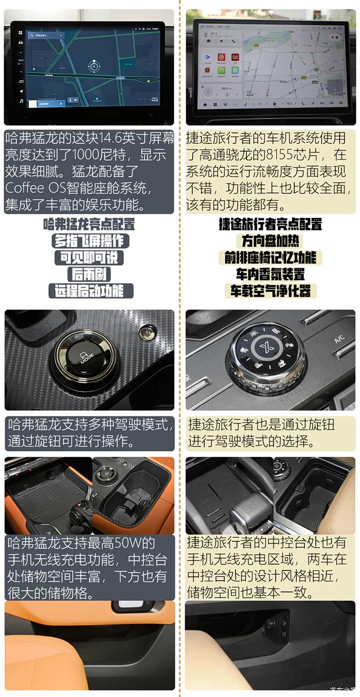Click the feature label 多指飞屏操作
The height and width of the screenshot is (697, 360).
[x=89, y=241]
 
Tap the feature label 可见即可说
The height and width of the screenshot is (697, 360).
[x=89, y=257]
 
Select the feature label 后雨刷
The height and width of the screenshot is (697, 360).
[x=89, y=274]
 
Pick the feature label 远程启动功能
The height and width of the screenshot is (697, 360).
[x=89, y=290]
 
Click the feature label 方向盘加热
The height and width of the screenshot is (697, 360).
[x=270, y=240]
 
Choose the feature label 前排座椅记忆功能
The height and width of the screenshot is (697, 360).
[x=270, y=257]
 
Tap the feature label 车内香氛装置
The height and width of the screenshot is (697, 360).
[x=270, y=274]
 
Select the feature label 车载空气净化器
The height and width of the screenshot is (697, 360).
[x=270, y=291]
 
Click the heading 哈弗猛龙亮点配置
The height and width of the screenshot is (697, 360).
[x=89, y=224]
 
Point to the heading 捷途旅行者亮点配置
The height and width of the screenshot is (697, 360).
[x=270, y=224]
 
